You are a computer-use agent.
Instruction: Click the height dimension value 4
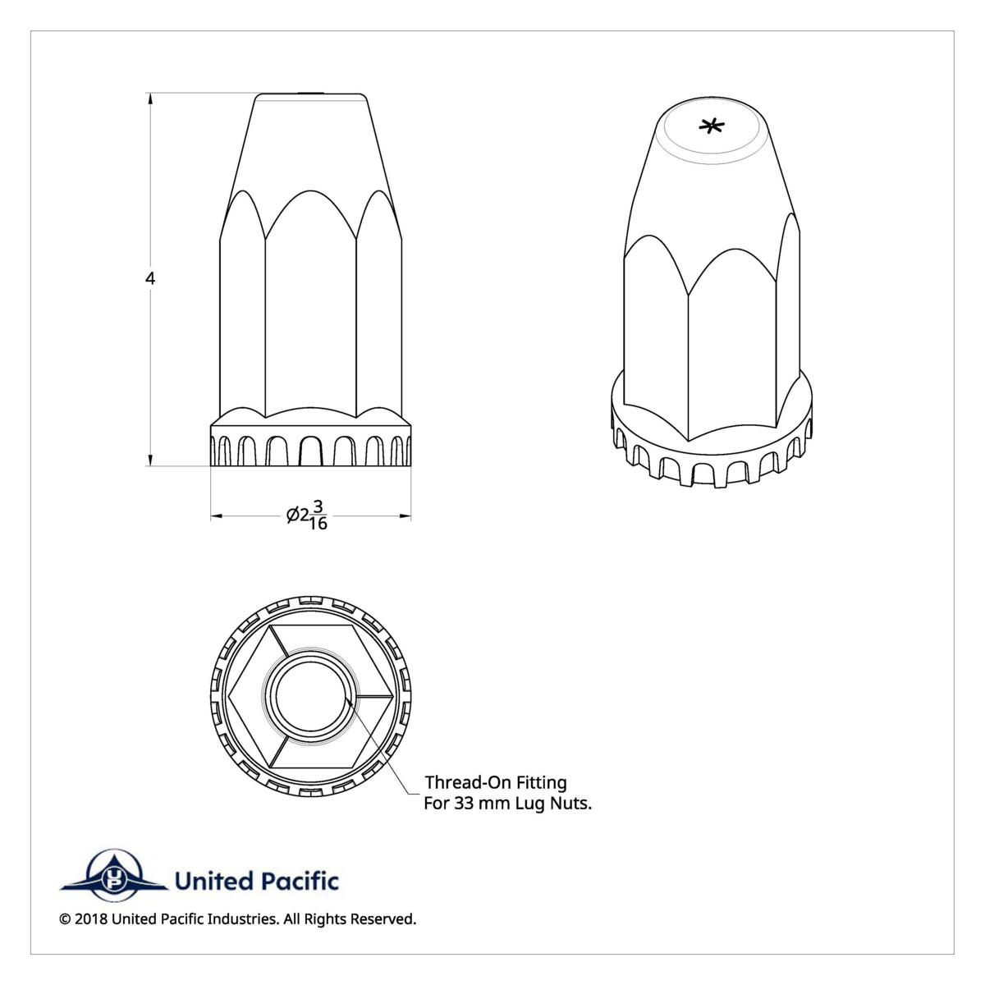(150, 279)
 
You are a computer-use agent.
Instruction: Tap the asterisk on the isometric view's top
(712, 126)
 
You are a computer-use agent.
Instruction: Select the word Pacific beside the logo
(300, 882)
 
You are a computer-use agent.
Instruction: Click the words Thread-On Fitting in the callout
(495, 783)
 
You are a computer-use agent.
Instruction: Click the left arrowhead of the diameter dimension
(217, 516)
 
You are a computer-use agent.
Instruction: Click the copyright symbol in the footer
(65, 919)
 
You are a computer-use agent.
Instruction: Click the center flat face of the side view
(310, 320)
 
